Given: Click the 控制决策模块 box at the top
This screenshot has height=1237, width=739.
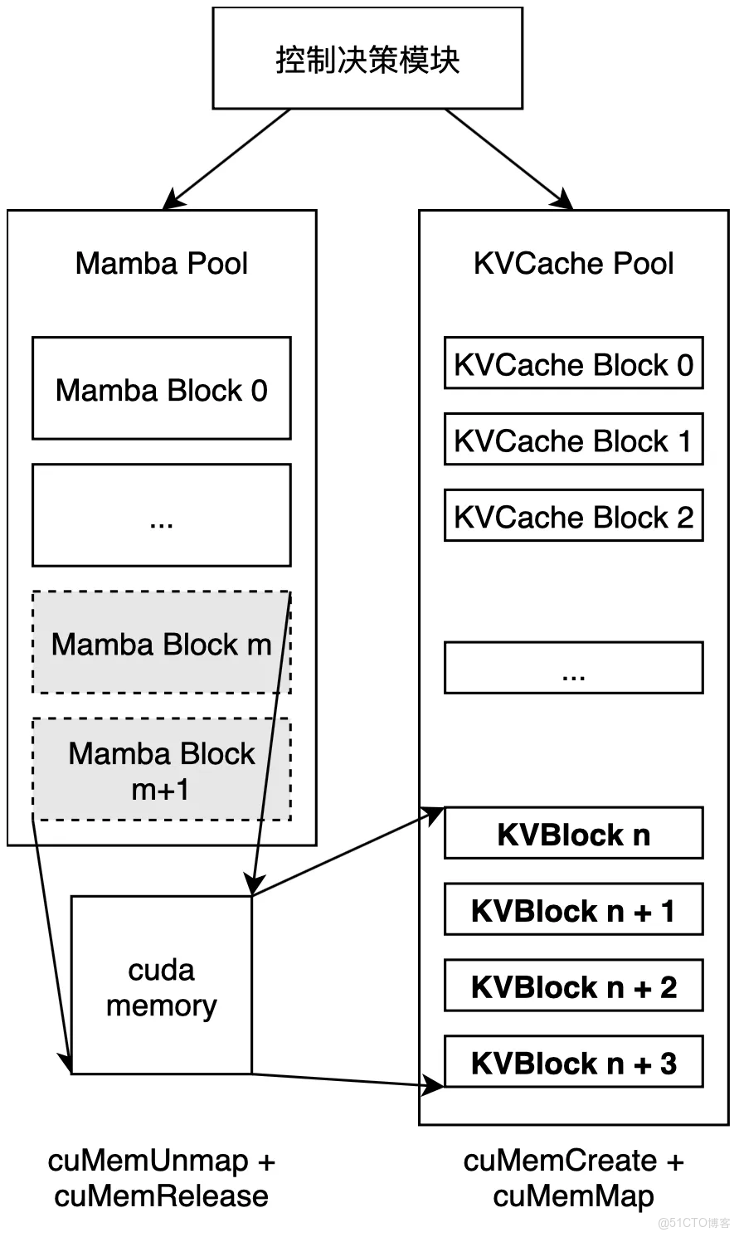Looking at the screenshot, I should click(367, 59).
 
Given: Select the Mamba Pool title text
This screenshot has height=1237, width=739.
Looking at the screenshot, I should click(161, 264).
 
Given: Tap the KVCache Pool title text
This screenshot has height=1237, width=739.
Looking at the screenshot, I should click(573, 264).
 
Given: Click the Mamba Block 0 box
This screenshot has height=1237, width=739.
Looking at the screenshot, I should click(161, 388).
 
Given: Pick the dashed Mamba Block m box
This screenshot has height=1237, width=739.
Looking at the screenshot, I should click(161, 643).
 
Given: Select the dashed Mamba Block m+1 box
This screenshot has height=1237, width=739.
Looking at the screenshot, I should click(161, 770).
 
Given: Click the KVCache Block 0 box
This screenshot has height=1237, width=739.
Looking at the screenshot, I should click(573, 363).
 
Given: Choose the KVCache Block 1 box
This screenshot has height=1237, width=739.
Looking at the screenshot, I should click(573, 440).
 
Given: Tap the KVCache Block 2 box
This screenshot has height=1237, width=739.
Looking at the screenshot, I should click(573, 516).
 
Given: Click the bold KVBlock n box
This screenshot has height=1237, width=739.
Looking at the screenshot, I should click(573, 834).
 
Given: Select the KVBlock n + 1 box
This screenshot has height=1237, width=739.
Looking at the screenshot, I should click(573, 910).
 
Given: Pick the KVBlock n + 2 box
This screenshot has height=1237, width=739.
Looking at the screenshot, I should click(573, 986).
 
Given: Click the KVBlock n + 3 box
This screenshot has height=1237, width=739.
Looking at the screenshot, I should click(573, 1063).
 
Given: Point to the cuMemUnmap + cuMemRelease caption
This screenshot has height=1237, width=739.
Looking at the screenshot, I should click(161, 1178).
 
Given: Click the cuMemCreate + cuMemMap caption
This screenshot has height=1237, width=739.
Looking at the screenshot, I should click(573, 1178).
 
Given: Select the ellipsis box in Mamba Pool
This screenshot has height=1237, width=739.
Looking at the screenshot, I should click(161, 515).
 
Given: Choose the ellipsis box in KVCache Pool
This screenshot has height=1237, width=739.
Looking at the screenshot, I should click(573, 668).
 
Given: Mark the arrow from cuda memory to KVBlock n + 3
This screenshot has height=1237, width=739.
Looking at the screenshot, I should click(348, 1079).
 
